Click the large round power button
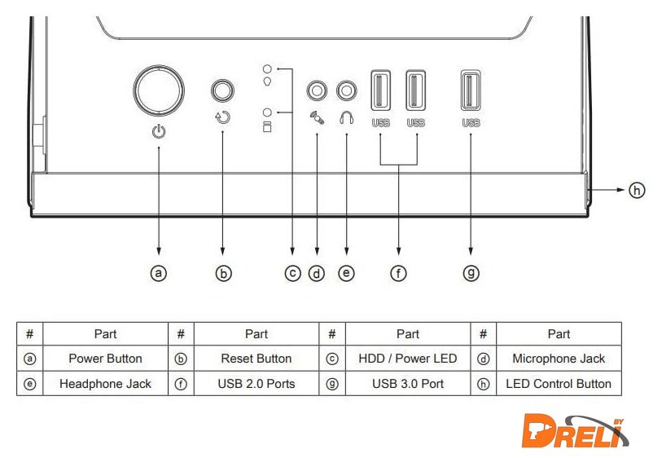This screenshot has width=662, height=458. (x=159, y=90)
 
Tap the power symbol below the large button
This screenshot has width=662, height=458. (x=159, y=131)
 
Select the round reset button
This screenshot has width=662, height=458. (x=223, y=90)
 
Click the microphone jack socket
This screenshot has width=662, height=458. (x=316, y=90)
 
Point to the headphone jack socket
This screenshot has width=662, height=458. (x=347, y=90)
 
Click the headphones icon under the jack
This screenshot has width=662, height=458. (x=347, y=117)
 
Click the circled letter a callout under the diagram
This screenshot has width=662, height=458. (x=159, y=274)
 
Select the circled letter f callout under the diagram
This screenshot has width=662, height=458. (x=398, y=274)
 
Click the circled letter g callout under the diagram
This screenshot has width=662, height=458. (x=471, y=274)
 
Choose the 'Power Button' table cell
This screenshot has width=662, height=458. (x=105, y=359)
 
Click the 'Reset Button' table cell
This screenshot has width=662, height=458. (x=256, y=359)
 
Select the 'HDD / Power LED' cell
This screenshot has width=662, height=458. (x=407, y=359)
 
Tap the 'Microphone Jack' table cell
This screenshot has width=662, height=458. (x=559, y=359)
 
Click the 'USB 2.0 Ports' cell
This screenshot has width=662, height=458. (x=256, y=384)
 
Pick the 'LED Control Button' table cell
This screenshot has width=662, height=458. (x=559, y=384)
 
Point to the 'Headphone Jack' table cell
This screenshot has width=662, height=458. (x=105, y=384)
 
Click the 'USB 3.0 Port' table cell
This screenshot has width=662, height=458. (x=407, y=384)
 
